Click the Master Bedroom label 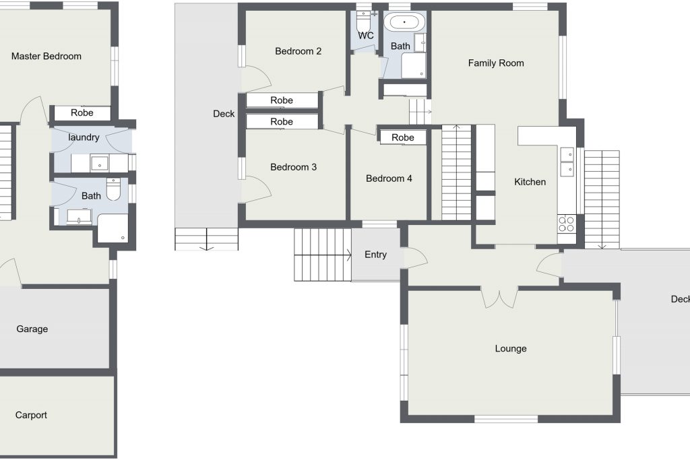coord(46,57)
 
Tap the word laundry coord(84,137)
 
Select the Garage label coord(32,329)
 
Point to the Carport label coord(31,415)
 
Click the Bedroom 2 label coord(298,51)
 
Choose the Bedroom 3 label coord(293,167)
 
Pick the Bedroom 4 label coord(389,178)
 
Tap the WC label coord(366,36)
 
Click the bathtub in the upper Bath coord(404,22)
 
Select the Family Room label coord(496,63)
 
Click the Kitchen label coord(530,182)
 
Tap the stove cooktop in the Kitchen coord(566,224)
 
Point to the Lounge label coord(511,349)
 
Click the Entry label coord(375,255)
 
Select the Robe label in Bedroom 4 coord(403,137)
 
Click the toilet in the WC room coord(364,20)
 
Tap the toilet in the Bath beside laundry coord(113,189)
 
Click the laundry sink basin coord(100,163)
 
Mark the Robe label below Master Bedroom coord(82,112)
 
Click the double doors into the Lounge coord(499,297)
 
